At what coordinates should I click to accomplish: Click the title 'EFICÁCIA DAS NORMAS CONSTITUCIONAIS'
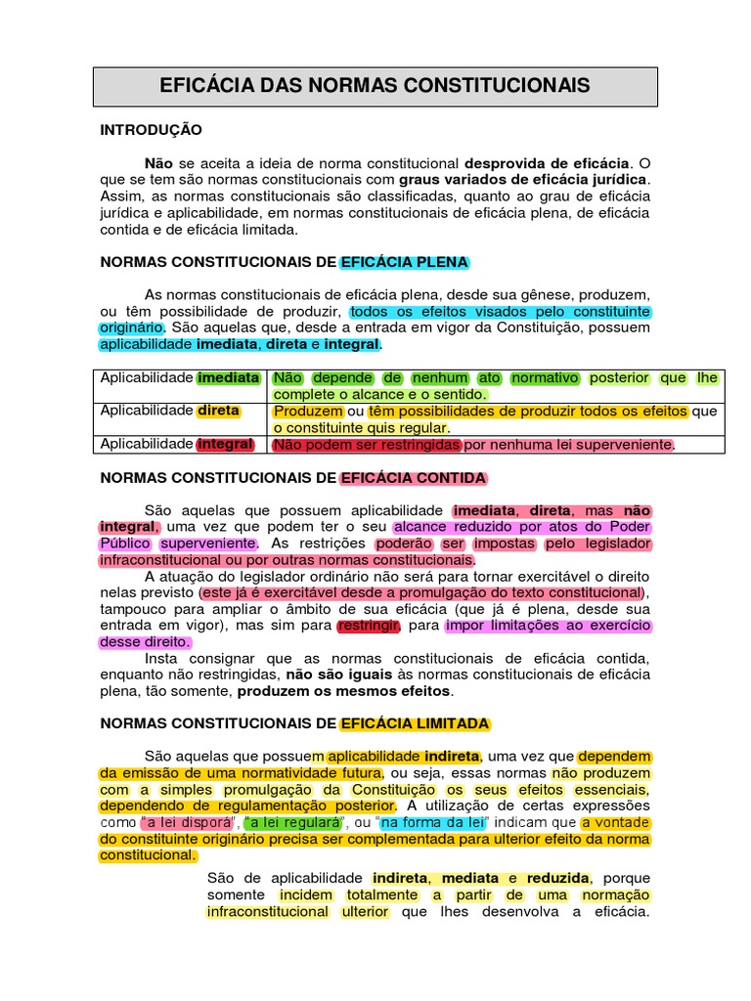375,86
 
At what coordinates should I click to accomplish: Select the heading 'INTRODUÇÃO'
152,129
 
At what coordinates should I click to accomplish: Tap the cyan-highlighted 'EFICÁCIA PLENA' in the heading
404,262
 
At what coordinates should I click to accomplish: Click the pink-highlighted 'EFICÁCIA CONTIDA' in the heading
413,478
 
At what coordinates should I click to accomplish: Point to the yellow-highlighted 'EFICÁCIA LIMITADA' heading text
415,723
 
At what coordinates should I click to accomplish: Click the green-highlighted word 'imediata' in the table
229,377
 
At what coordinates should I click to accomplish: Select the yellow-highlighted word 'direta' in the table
218,411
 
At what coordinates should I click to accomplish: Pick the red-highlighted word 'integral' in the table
225,444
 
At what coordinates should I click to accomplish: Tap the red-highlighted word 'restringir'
368,626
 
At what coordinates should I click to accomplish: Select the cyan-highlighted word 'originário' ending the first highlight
132,327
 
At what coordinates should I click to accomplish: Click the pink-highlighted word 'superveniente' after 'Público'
208,544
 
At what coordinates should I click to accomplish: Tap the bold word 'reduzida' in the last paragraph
558,878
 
